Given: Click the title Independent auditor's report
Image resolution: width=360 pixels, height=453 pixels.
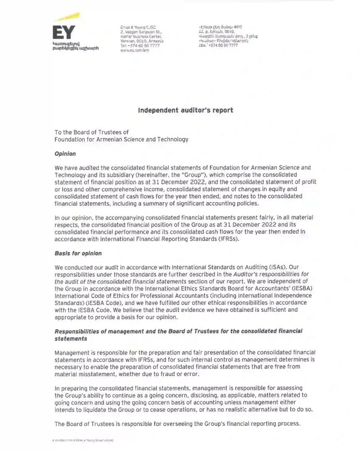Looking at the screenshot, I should click(186, 110).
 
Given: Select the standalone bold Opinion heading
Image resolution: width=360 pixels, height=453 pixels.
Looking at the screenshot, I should click(65, 154).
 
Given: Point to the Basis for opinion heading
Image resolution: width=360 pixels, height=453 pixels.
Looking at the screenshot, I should click(78, 253).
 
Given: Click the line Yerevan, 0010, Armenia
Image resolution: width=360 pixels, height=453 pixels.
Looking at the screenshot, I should click(142, 41).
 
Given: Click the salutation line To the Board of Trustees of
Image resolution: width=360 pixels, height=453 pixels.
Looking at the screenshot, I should click(91, 133).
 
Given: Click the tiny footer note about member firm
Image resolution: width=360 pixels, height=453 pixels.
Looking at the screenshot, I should click(83, 440).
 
